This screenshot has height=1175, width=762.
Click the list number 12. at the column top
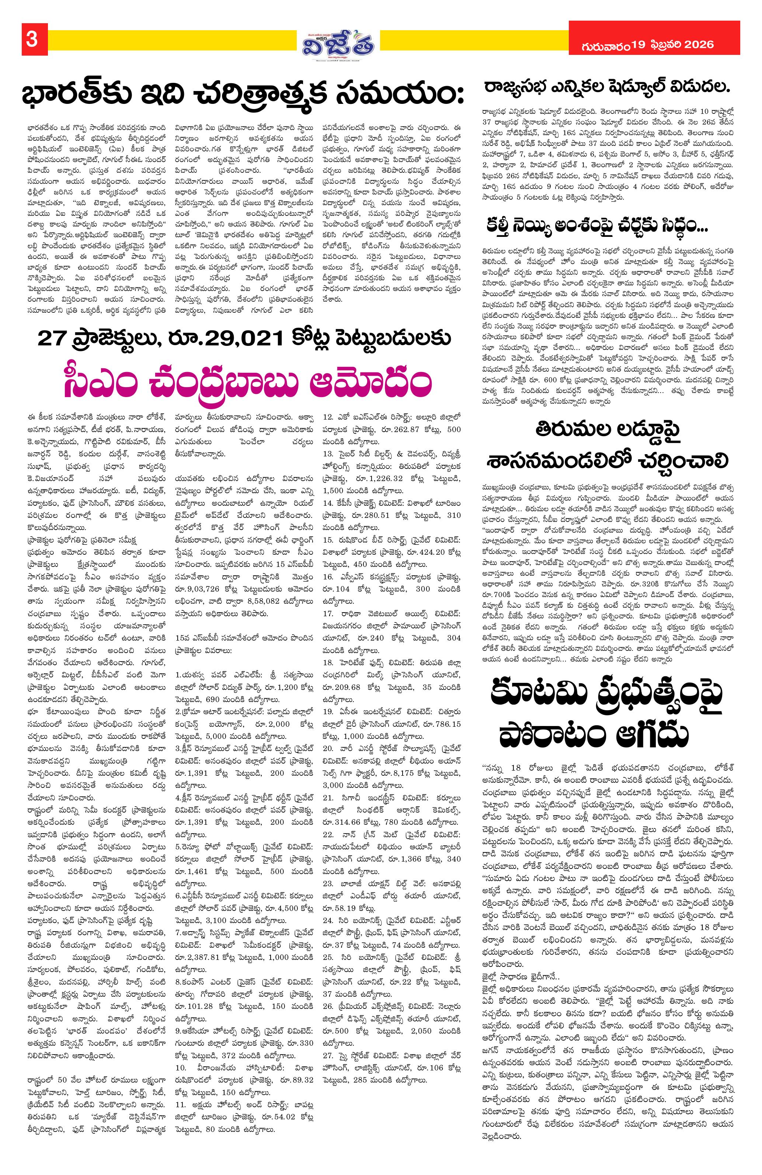(x=328, y=417)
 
